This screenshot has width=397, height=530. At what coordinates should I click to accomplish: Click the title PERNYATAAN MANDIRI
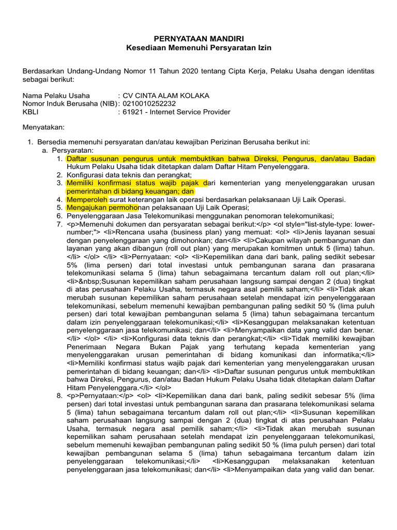199,39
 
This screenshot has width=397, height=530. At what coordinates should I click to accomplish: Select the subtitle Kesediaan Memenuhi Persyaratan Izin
199,48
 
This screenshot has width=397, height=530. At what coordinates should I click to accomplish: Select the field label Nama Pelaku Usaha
56,96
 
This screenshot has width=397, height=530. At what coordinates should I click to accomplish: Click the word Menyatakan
43,127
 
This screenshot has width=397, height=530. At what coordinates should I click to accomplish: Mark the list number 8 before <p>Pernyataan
59,395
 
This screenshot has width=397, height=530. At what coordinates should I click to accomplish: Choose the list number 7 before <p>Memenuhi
59,224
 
